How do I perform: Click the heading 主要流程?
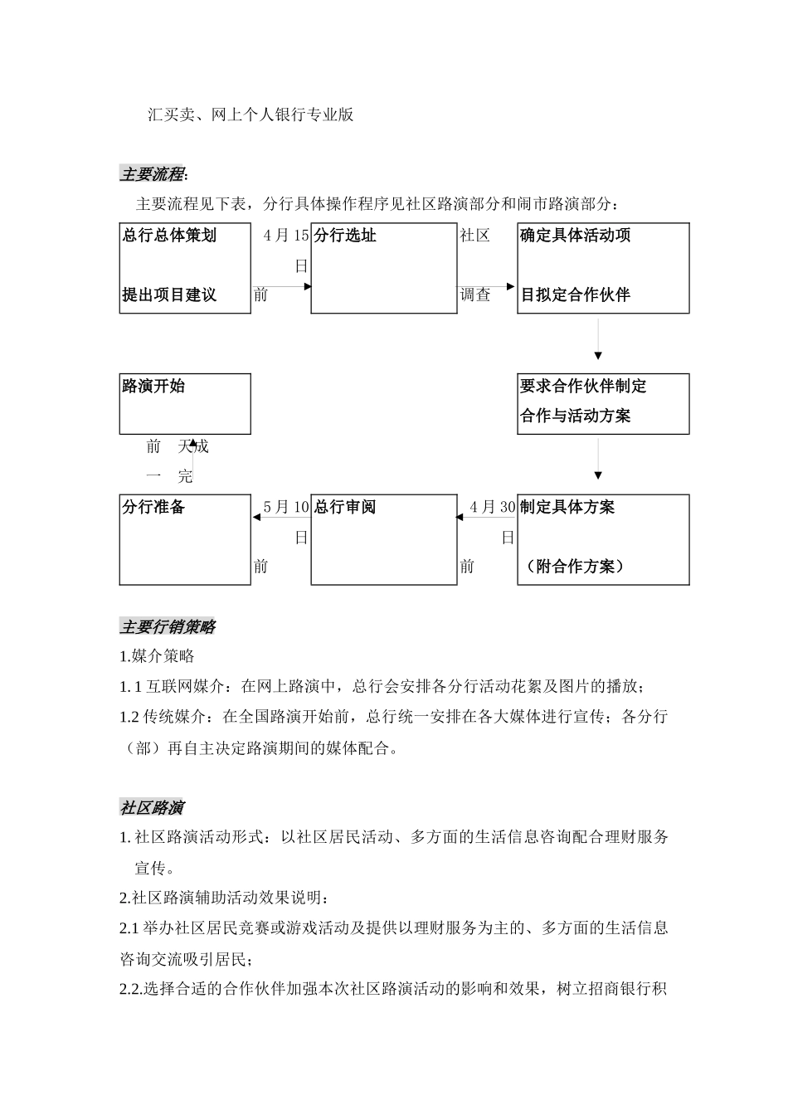[153, 174]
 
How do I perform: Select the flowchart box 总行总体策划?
[185, 268]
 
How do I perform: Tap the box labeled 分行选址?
[383, 268]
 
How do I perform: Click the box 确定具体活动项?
[603, 268]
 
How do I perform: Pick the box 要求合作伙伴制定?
[603, 403]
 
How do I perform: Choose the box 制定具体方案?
[603, 539]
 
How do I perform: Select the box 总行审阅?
[383, 539]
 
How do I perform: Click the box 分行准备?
[185, 539]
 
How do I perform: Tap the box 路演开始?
[185, 403]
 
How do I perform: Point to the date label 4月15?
[286, 236]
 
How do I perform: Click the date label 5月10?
[286, 507]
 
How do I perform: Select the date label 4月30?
[493, 507]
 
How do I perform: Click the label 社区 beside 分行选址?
[475, 236]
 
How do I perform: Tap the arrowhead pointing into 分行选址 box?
[307, 286]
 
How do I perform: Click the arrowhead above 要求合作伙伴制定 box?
[598, 355]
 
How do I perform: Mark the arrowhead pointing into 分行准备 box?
[256, 518]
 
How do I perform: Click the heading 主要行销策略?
[168, 627]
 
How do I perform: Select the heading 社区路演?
[153, 807]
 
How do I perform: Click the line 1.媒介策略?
[158, 656]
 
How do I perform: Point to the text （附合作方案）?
[574, 567]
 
